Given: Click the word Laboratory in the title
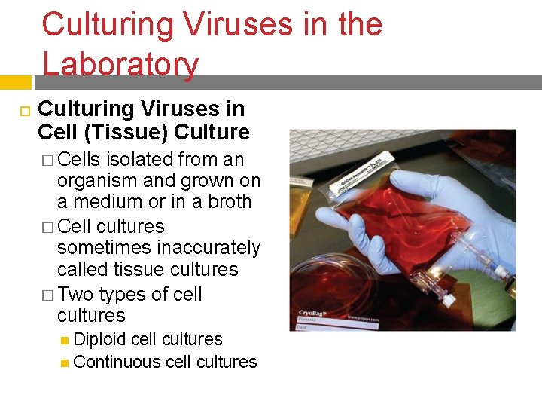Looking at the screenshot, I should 120,65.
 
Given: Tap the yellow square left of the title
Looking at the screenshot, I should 15,81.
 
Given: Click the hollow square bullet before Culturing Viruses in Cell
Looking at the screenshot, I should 23,111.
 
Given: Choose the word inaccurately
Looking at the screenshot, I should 197,247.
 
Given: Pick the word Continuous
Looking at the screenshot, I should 115,362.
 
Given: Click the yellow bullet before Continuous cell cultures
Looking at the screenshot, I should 65,363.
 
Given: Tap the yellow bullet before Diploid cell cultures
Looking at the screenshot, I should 65,340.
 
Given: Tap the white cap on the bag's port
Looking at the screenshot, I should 449,300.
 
